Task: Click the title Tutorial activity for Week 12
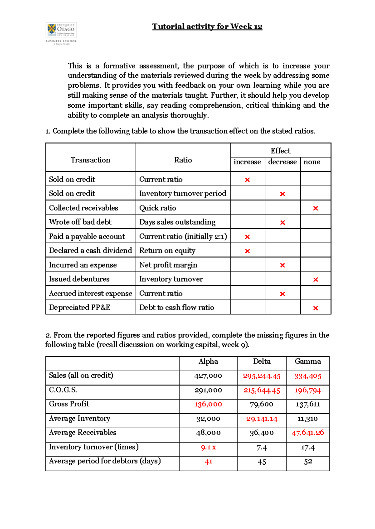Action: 207,27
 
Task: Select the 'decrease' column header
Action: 282,162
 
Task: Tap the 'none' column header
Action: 312,162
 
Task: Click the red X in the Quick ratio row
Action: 315,208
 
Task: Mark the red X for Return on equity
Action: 247,251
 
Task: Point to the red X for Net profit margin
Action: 282,265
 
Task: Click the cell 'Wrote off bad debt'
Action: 80,222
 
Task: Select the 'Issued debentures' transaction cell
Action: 79,279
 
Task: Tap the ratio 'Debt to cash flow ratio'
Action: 177,308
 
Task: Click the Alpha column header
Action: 208,362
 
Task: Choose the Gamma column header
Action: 307,362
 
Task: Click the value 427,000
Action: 208,376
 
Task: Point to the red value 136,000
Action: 208,405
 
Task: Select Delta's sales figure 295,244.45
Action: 262,376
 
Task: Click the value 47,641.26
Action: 307,433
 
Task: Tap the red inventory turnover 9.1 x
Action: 208,448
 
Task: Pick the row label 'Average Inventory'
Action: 79,419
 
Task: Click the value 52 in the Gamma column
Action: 308,462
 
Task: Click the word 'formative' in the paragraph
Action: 119,66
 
